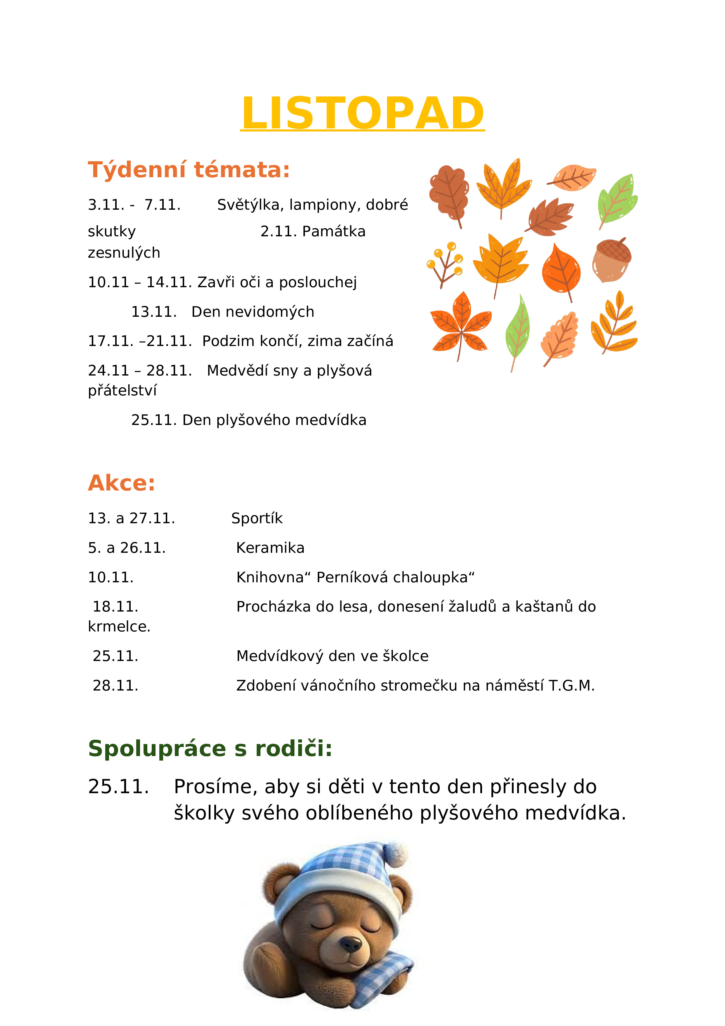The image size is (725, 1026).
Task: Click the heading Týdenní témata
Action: click(189, 170)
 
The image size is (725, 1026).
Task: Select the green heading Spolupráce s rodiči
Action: click(210, 748)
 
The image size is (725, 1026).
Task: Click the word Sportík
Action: click(257, 518)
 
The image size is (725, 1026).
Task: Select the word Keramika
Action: click(270, 548)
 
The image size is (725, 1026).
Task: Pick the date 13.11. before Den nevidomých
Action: click(154, 311)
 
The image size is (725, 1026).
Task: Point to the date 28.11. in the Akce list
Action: click(115, 686)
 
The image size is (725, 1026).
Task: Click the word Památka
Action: click(334, 231)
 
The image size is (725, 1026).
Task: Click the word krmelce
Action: click(119, 626)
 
